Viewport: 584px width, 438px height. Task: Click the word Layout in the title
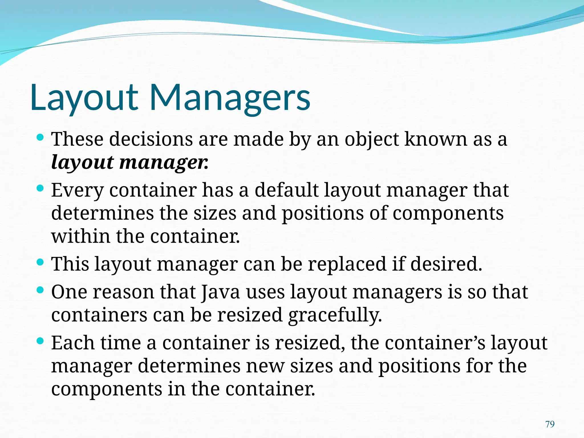point(84,98)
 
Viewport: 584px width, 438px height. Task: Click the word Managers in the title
point(230,98)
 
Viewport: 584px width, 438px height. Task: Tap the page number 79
point(550,424)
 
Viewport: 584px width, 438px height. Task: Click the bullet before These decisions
point(40,138)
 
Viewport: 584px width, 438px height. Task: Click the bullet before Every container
point(40,188)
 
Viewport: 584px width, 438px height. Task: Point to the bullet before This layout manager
point(40,262)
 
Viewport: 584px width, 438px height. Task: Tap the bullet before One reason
point(40,290)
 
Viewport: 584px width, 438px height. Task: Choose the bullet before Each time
point(40,341)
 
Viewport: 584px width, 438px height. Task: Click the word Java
point(221,292)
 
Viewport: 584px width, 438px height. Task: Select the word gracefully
point(335,315)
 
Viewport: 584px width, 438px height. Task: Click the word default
point(286,190)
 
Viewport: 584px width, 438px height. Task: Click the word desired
point(446,264)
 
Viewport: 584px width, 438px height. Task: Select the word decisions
point(151,139)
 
